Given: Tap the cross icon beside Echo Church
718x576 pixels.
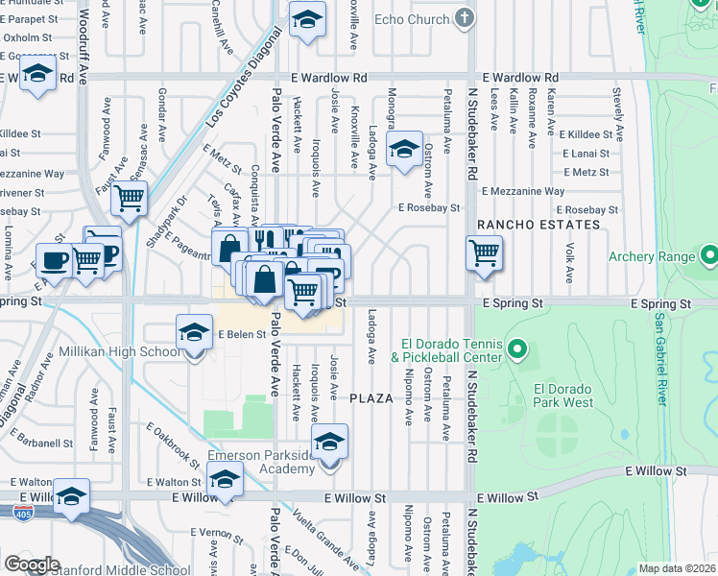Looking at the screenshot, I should pyautogui.click(x=465, y=18).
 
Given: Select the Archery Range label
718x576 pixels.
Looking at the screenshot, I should pyautogui.click(x=648, y=256).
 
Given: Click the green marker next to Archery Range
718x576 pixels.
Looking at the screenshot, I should pyautogui.click(x=709, y=256).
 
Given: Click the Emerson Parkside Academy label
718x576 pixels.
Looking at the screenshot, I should pyautogui.click(x=261, y=461).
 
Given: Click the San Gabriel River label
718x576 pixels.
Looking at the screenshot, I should pyautogui.click(x=660, y=355).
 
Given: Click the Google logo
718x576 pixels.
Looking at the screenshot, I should pyautogui.click(x=32, y=564).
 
